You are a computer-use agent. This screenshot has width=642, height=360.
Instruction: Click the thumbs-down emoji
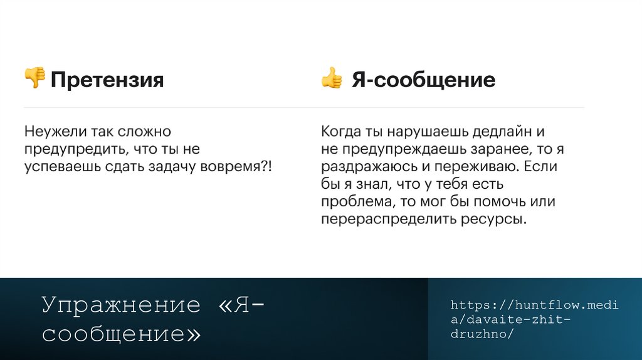click(x=34, y=78)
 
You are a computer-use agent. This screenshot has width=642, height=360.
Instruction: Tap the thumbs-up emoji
click(x=332, y=78)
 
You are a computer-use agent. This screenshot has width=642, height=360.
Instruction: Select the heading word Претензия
click(x=107, y=80)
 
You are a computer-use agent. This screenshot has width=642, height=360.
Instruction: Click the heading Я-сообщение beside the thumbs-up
click(x=423, y=80)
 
